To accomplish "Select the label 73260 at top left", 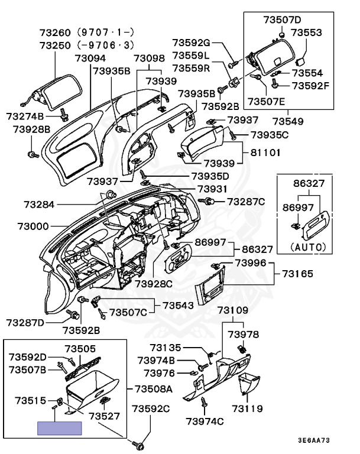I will pyautogui.click(x=55, y=32).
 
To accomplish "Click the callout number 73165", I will pyautogui.click(x=297, y=274).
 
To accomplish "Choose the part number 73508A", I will pyautogui.click(x=153, y=389).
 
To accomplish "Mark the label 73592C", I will pyautogui.click(x=150, y=408).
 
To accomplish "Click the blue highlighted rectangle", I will pyautogui.click(x=59, y=428).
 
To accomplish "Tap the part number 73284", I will pyautogui.click(x=40, y=205).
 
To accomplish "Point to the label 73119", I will pyautogui.click(x=247, y=408).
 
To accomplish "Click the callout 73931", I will pyautogui.click(x=212, y=189).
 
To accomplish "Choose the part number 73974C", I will pyautogui.click(x=205, y=421).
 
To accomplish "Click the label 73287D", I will pyautogui.click(x=25, y=322).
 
